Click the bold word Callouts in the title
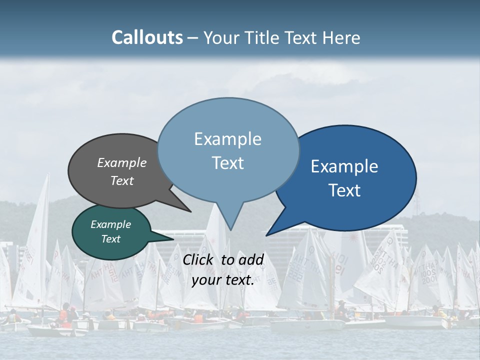coord(147,37)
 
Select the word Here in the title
coord(342,37)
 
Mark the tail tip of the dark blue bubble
coord(267,235)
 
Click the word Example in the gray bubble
coord(122,162)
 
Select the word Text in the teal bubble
coord(111,239)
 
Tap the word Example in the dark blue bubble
coord(344,166)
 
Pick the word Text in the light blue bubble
coord(228,163)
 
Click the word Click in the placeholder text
coord(199,259)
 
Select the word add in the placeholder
coord(250,259)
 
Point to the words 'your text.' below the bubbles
coord(223,280)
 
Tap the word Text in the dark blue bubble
coord(344,190)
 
